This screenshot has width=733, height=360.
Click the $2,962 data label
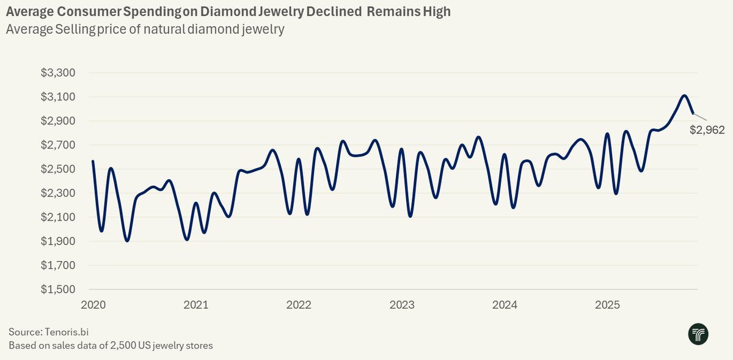tap(707, 130)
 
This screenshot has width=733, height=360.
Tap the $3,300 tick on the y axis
tap(57, 73)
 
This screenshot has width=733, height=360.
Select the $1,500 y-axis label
tap(57, 289)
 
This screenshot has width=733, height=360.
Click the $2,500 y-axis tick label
tap(57, 169)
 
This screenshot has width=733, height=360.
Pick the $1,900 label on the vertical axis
tap(57, 241)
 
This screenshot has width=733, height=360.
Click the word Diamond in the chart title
tap(223, 12)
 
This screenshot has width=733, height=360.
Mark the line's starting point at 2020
tap(93, 161)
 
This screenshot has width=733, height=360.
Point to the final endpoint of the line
tap(693, 113)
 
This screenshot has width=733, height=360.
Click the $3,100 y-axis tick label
tap(57, 97)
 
